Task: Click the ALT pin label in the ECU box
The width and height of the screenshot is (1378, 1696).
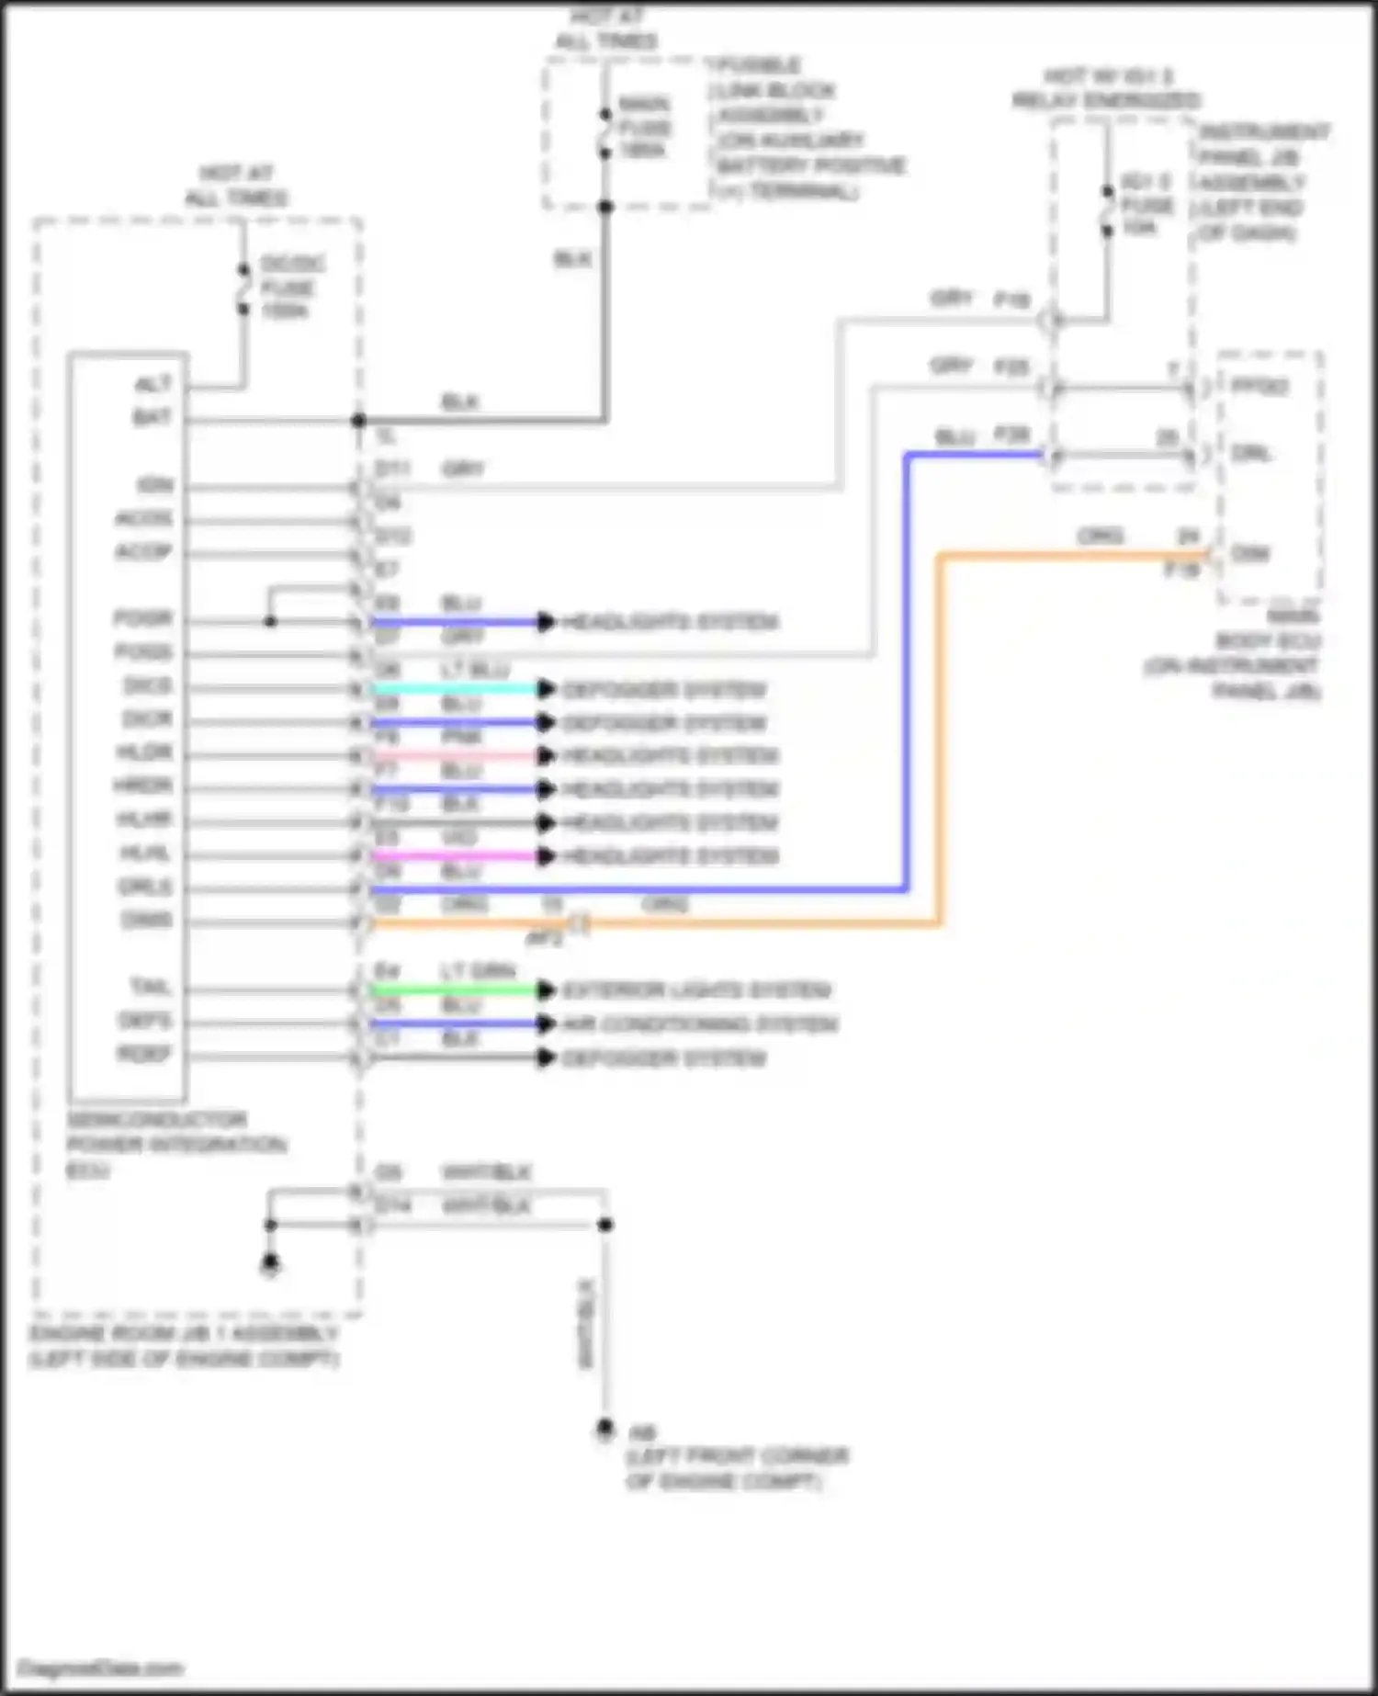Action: point(152,385)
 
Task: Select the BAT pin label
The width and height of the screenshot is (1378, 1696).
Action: point(152,418)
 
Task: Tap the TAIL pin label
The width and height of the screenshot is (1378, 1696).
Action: point(151,988)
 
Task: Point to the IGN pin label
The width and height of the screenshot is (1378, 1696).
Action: point(154,485)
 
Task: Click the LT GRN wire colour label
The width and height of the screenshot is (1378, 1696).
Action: point(478,971)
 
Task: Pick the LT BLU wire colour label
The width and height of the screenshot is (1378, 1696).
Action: point(475,671)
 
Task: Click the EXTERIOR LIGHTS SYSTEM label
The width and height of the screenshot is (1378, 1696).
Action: point(696,990)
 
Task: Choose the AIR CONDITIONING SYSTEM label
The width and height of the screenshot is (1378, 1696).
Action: point(700,1024)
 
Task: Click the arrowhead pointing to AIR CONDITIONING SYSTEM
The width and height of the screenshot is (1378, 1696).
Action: point(547,1024)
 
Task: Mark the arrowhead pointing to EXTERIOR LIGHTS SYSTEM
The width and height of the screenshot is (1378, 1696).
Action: point(547,990)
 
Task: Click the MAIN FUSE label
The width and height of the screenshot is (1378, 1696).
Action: point(645,127)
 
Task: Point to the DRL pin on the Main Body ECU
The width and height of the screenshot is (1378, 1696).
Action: point(1251,454)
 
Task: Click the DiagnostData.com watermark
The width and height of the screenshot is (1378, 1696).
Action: point(101,1668)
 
